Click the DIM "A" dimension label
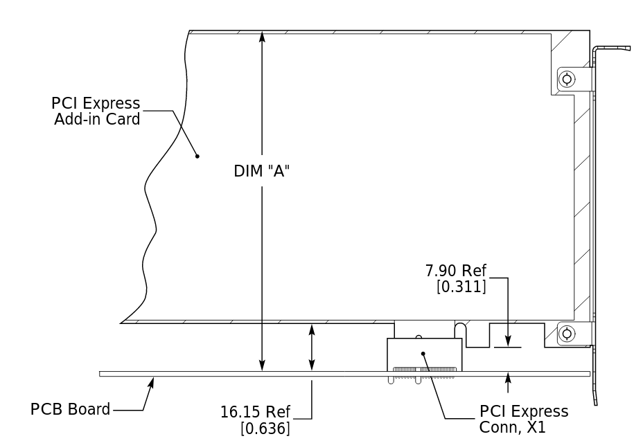(x=261, y=171)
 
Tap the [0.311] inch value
(x=461, y=286)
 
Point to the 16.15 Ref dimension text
(x=256, y=413)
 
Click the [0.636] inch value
(x=265, y=429)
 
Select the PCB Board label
(x=70, y=409)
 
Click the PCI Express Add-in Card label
(x=96, y=111)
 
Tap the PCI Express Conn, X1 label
(x=523, y=420)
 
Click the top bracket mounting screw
(x=567, y=79)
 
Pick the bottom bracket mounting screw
(x=567, y=334)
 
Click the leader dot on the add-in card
(x=197, y=156)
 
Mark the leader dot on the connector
(x=423, y=353)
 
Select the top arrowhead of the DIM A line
(x=262, y=36)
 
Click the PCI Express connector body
(x=424, y=354)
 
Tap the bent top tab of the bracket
(x=613, y=48)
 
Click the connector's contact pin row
(x=424, y=370)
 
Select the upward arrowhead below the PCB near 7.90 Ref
(x=508, y=378)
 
